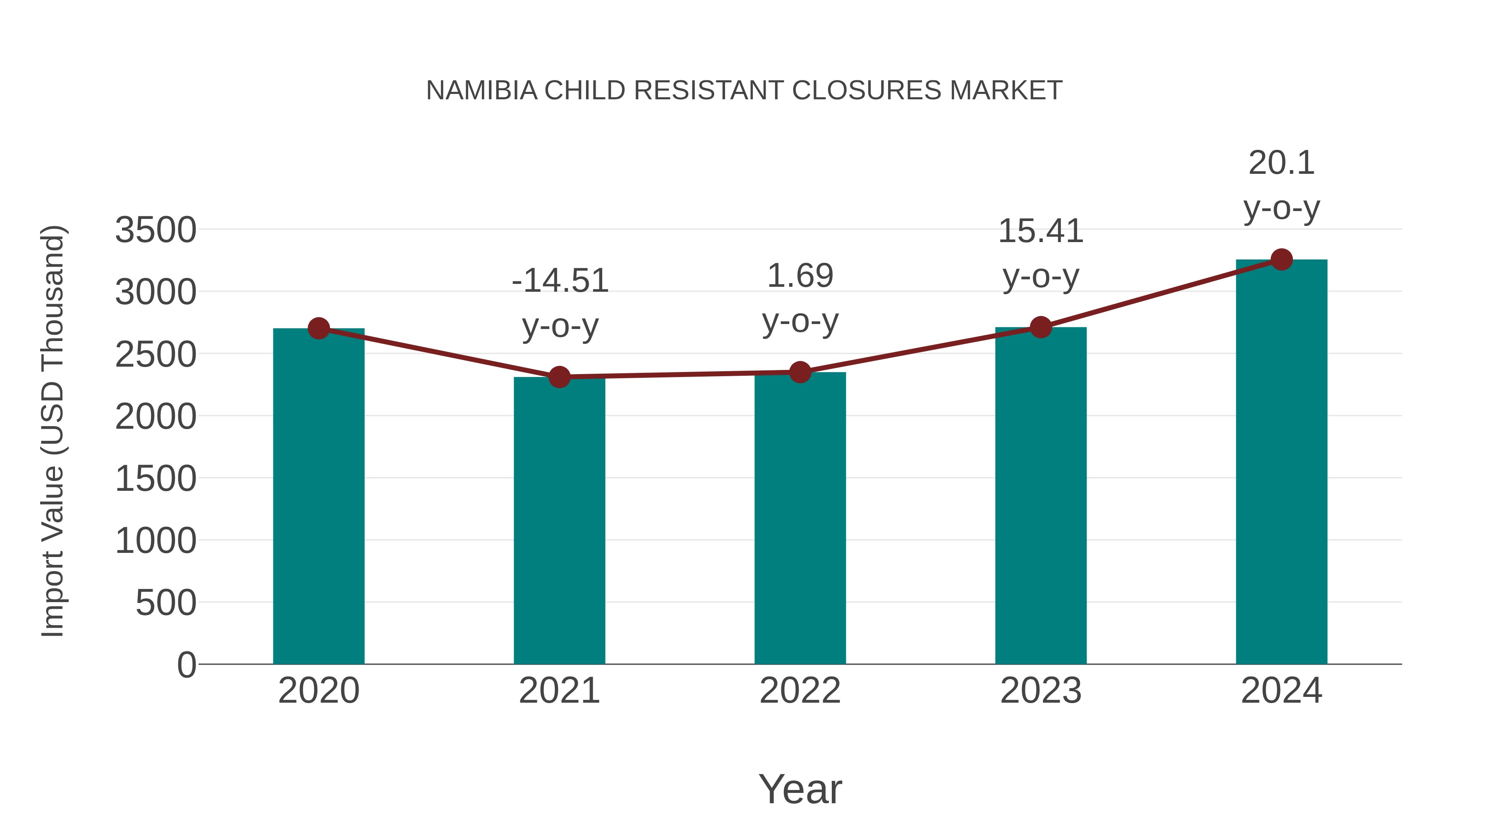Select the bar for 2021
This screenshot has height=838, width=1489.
[x=559, y=521]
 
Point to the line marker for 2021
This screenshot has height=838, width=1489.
[x=559, y=377]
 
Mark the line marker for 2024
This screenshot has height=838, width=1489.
[x=1281, y=259]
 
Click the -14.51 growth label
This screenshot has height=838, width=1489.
[x=560, y=281]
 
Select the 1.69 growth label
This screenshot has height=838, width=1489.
[x=800, y=276]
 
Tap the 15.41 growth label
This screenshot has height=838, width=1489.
[x=1041, y=231]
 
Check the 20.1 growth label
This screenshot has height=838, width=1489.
[x=1281, y=163]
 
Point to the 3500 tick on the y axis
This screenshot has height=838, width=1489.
[x=156, y=230]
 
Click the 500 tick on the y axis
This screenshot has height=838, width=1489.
[x=166, y=603]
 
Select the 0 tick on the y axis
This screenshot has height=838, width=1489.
[x=187, y=665]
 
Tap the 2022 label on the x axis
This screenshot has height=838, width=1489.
[x=800, y=691]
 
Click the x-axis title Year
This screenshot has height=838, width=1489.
[x=800, y=790]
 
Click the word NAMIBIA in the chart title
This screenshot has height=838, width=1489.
[x=481, y=91]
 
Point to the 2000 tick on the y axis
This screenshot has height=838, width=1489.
[x=156, y=416]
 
